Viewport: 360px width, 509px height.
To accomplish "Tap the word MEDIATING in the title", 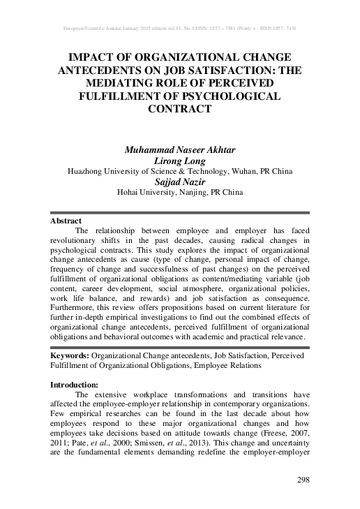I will [130, 82].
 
